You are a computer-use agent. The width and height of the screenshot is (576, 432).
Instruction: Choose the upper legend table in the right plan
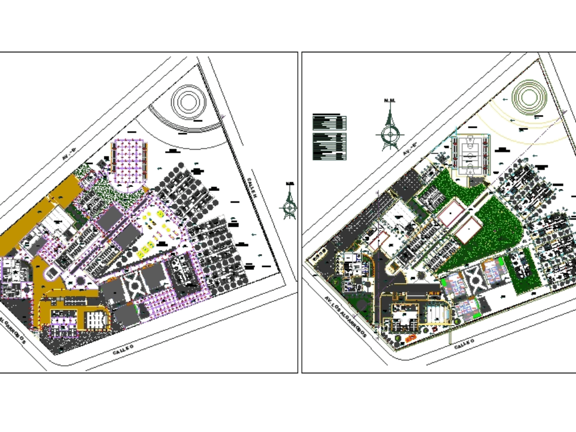[329, 122]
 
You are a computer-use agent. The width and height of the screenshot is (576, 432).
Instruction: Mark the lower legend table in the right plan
[329, 146]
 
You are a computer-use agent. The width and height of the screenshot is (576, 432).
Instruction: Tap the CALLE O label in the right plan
[464, 343]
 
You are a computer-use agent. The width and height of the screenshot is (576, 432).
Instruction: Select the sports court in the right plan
[471, 154]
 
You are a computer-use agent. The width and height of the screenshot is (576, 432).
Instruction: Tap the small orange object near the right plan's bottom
[411, 339]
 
